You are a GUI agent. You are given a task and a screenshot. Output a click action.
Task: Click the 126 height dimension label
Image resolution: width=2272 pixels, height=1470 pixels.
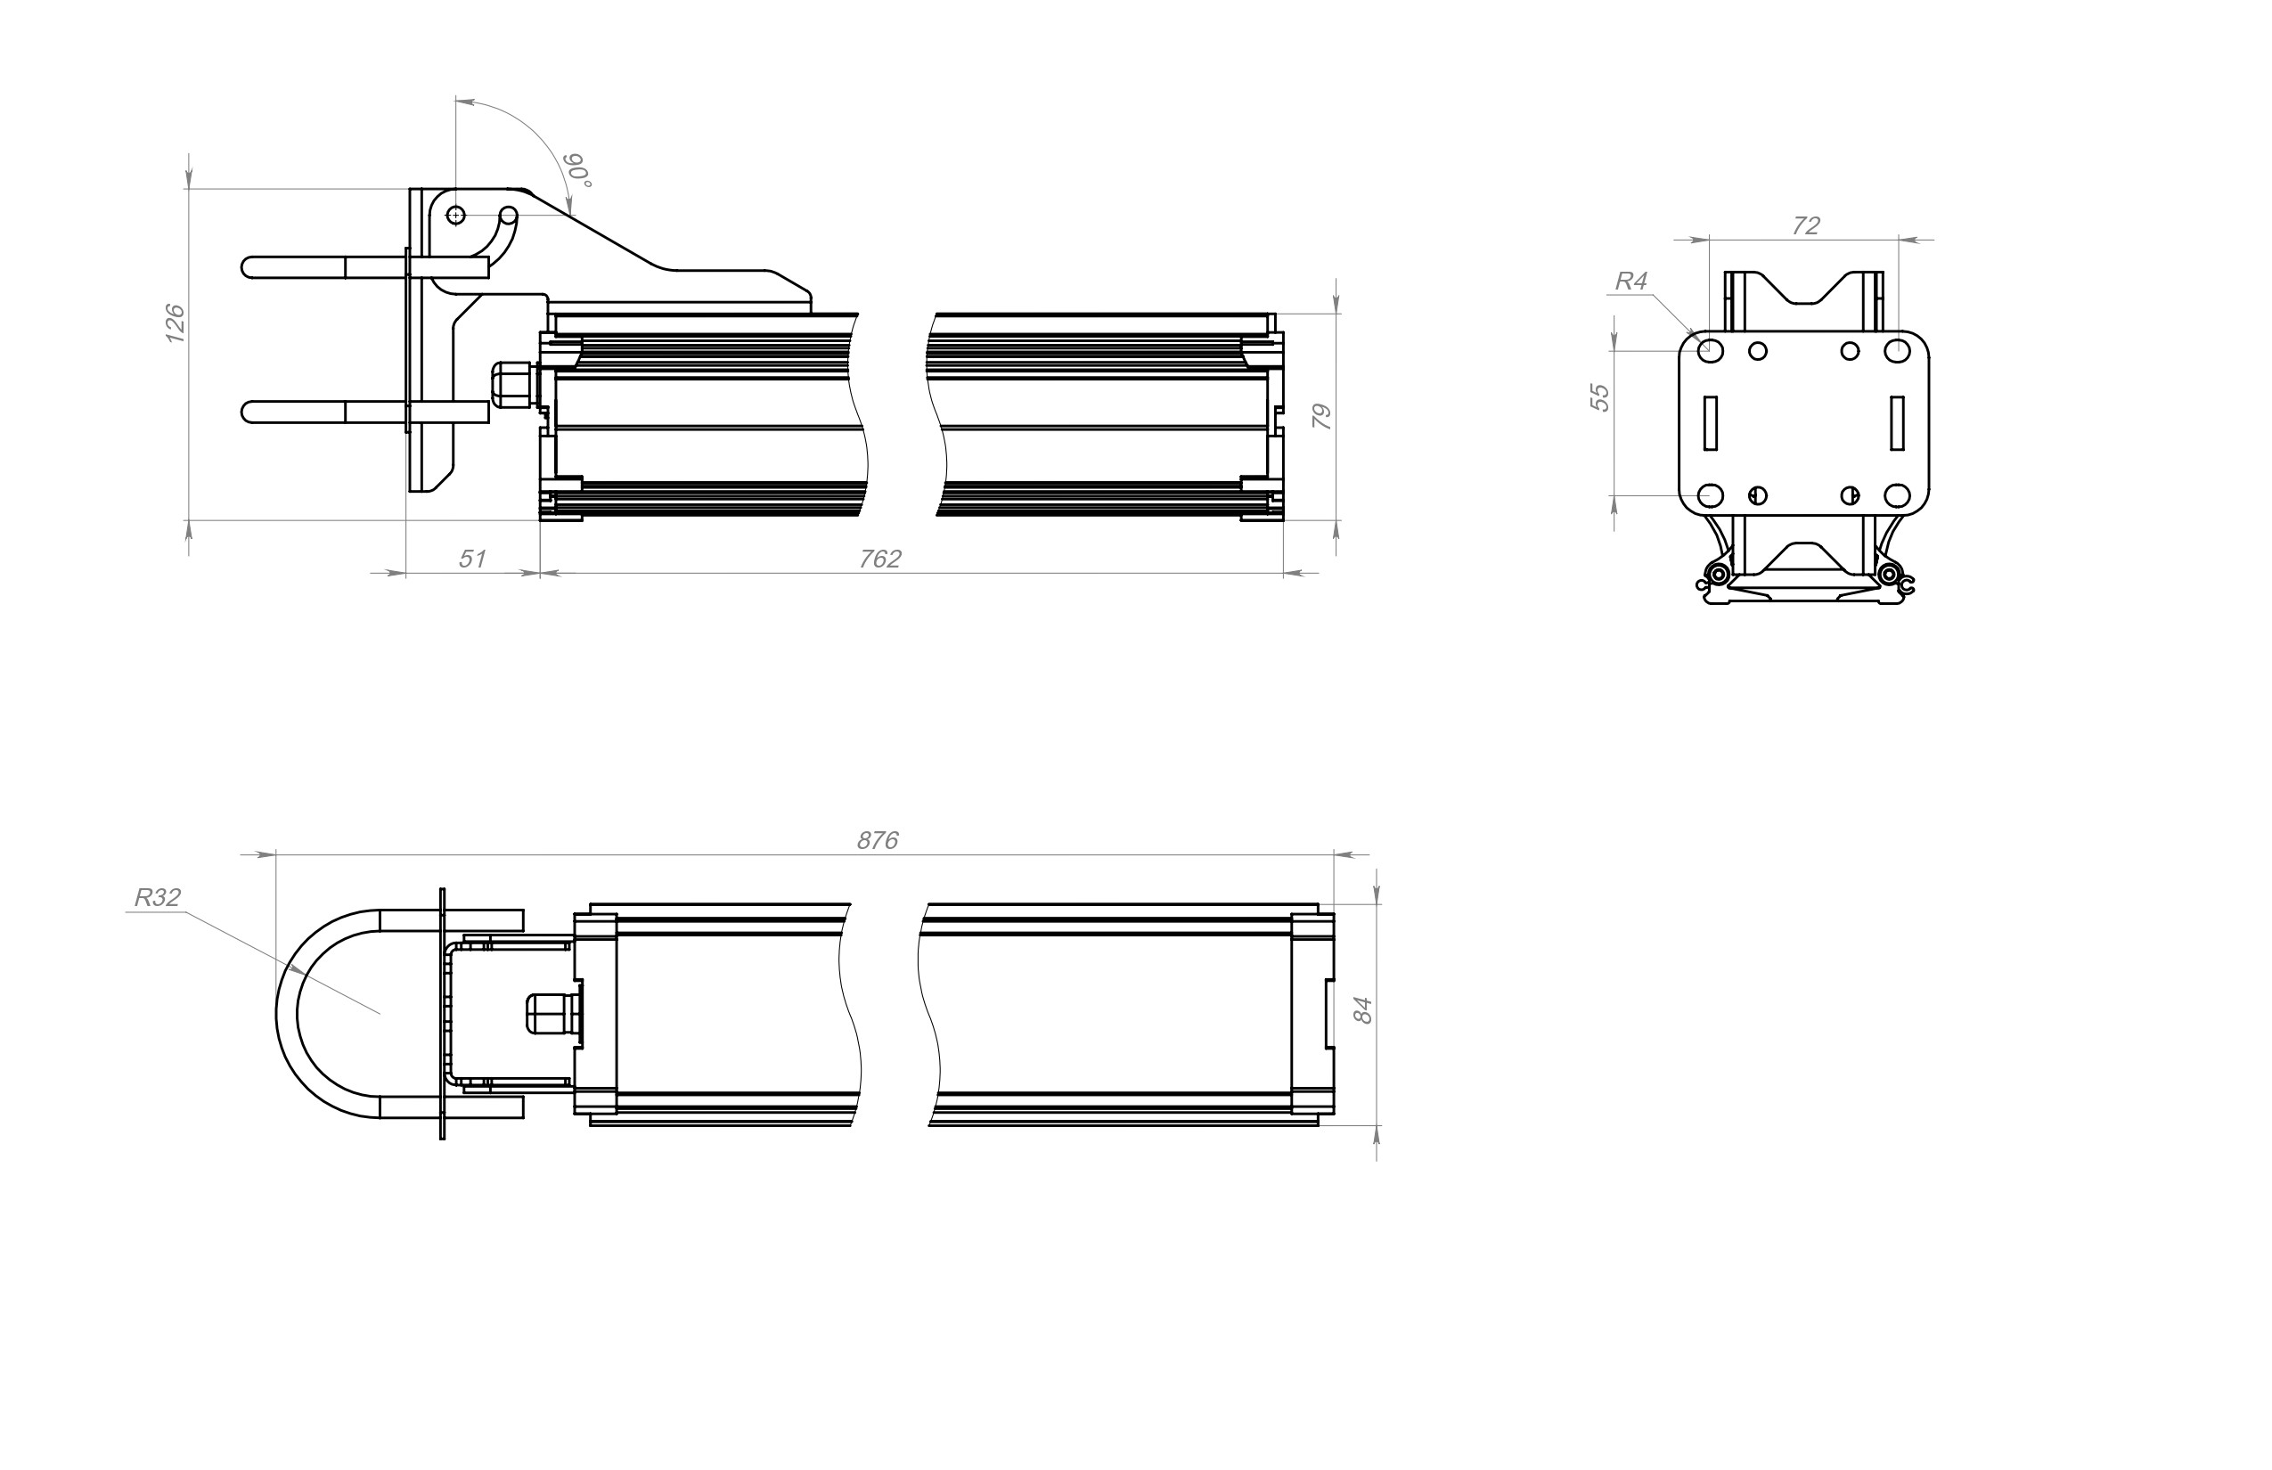click(175, 323)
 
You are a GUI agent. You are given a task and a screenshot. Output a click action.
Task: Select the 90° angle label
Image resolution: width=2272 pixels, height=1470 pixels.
click(577, 170)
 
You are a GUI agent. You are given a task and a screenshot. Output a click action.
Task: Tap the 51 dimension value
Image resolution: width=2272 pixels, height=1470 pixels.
click(472, 559)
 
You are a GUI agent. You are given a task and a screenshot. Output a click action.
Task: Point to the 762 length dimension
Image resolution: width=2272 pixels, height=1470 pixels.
click(880, 559)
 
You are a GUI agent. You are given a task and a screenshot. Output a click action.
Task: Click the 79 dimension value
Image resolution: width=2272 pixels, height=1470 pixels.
click(1321, 416)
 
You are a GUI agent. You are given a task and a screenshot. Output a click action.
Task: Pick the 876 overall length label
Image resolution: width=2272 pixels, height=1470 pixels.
click(878, 840)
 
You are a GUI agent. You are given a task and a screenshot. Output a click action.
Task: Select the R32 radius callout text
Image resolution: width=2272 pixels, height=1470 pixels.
click(158, 897)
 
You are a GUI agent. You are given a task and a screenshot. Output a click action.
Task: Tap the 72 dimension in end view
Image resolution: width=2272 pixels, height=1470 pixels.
click(1806, 225)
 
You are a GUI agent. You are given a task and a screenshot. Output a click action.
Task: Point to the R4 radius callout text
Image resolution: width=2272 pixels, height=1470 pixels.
click(1631, 281)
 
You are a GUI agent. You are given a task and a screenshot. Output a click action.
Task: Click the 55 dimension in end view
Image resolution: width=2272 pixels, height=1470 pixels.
click(1600, 397)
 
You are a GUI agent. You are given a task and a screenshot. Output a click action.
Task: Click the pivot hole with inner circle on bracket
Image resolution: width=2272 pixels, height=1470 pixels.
click(456, 215)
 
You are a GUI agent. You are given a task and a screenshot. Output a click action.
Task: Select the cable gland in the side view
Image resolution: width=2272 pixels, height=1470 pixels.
click(513, 385)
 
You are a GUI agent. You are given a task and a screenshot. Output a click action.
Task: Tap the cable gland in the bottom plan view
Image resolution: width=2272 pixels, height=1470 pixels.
click(553, 1012)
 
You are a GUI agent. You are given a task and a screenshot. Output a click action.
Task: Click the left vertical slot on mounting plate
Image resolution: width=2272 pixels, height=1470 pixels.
click(1711, 423)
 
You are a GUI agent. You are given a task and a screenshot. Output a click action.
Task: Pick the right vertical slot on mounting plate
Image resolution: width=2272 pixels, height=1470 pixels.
click(1897, 423)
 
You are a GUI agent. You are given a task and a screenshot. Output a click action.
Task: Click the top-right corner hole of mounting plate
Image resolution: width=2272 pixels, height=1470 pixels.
click(1897, 350)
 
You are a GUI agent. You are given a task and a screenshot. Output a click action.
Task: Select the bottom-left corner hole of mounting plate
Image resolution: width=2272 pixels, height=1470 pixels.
click(1711, 495)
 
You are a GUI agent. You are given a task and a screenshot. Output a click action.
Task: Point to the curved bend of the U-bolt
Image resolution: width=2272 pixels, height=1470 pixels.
click(287, 1014)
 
